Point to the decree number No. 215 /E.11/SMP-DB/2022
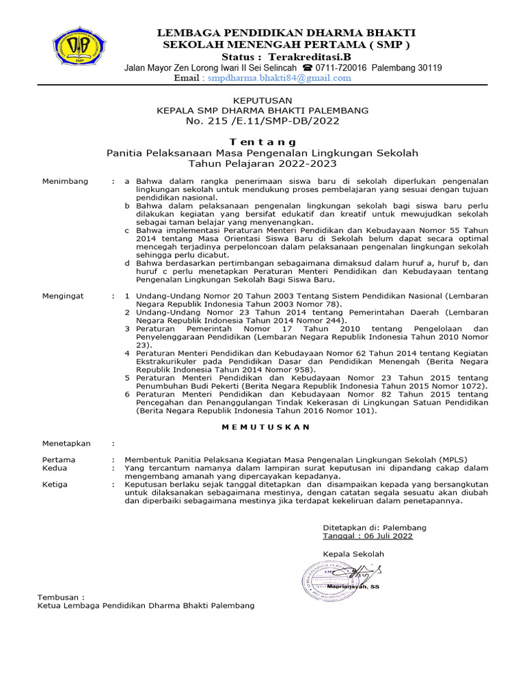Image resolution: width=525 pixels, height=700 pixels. tap(262, 120)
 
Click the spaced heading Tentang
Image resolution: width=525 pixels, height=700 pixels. tap(262, 140)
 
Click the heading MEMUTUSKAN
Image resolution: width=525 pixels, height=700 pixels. tap(266, 427)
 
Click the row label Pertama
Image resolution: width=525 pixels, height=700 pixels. tap(59, 459)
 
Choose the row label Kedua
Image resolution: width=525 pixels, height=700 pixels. tap(55, 468)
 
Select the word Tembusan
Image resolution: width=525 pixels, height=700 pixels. tap(62, 597)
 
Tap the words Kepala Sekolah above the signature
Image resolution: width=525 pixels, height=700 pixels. tap(353, 554)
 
